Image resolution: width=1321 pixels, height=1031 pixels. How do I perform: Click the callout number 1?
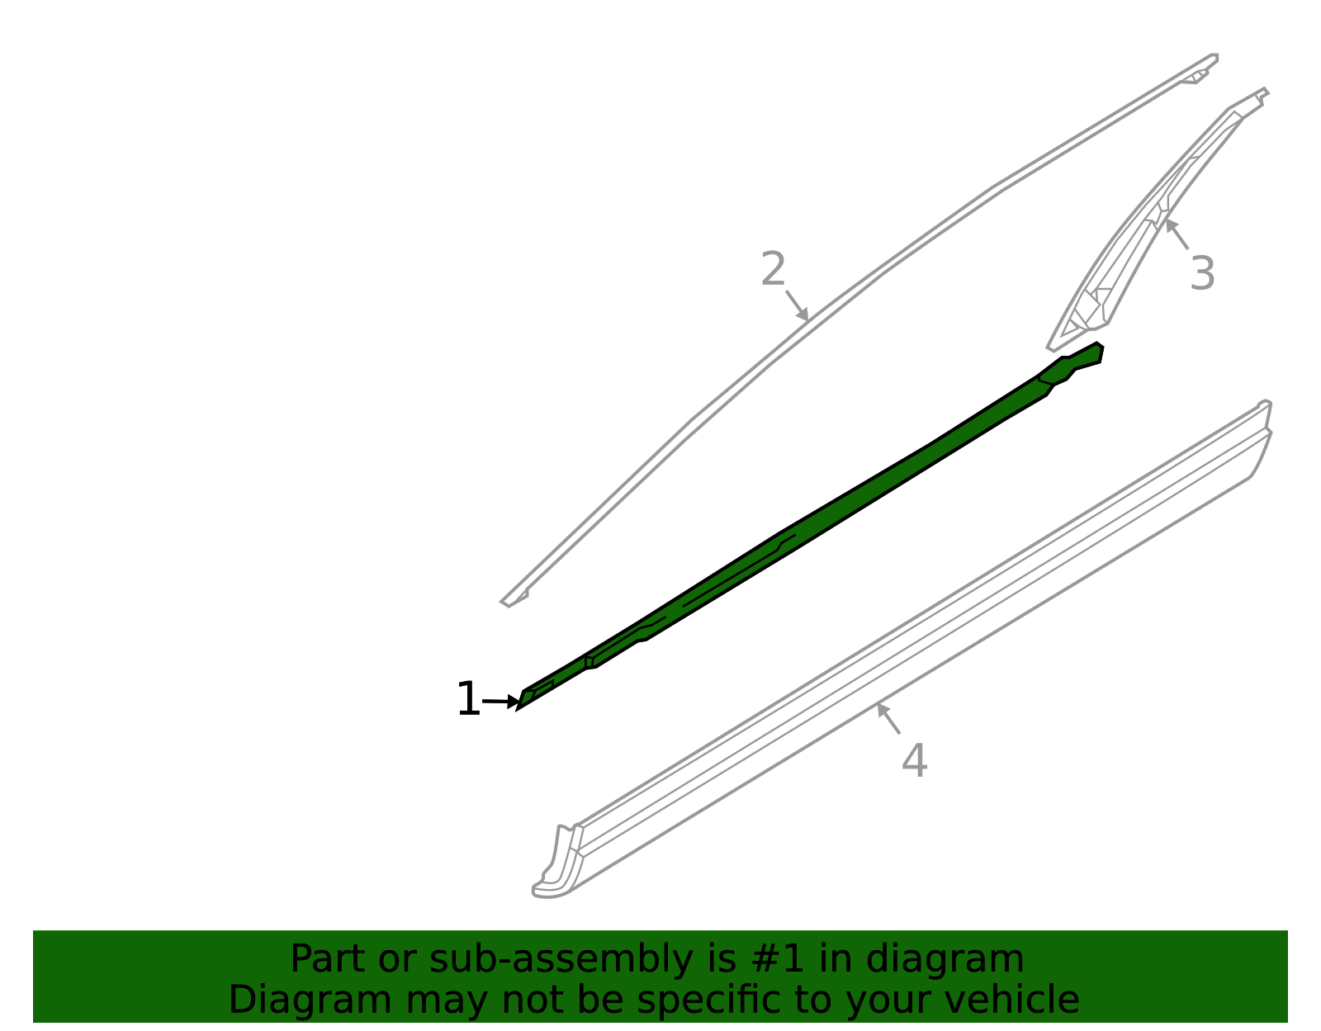click(x=469, y=699)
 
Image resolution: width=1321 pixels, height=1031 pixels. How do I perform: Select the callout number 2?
click(x=774, y=268)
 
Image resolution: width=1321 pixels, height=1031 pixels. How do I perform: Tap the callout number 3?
click(x=1202, y=273)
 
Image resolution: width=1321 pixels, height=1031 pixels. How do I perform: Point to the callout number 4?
click(x=914, y=760)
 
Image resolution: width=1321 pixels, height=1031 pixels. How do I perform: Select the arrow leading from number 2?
click(x=797, y=305)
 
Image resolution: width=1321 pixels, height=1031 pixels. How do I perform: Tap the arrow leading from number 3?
click(x=1177, y=234)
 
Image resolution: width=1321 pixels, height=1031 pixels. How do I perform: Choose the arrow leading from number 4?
click(x=888, y=718)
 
